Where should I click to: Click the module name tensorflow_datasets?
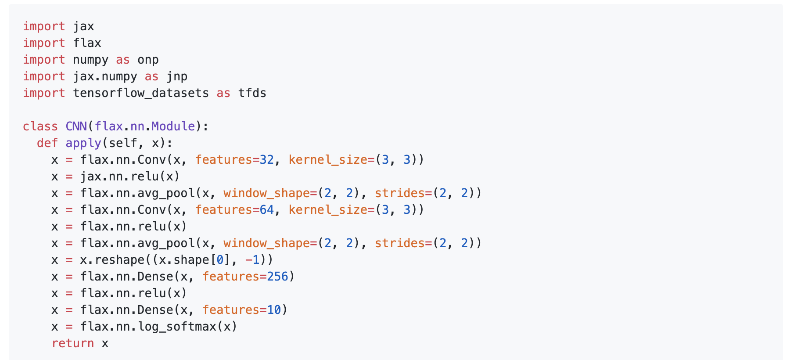(140, 93)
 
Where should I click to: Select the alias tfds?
(252, 93)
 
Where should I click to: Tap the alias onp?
(148, 60)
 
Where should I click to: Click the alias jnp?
(177, 76)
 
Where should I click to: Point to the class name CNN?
(76, 126)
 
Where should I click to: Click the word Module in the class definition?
(173, 126)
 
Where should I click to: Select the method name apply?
(83, 143)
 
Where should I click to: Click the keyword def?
(47, 143)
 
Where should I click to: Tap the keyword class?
(40, 126)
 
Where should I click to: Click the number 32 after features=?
(267, 160)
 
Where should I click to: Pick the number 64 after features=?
(267, 210)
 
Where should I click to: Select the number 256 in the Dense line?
(277, 277)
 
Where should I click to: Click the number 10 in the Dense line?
(274, 310)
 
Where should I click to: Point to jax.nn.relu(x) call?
(130, 176)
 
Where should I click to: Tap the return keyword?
(72, 343)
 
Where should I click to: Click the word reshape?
(119, 260)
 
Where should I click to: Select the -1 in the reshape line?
(252, 260)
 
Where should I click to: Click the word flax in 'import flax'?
(87, 43)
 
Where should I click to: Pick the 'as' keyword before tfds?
(223, 93)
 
